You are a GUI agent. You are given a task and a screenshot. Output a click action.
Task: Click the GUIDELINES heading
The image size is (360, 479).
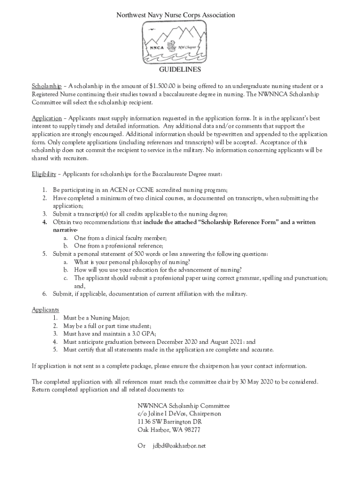[x=180, y=70]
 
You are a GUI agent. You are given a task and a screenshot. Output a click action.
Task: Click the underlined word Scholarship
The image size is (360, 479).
[x=46, y=87]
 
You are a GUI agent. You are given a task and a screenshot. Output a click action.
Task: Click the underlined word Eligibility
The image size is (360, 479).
[x=44, y=174]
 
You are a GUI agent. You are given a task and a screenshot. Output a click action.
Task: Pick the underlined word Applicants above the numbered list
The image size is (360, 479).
[x=45, y=310]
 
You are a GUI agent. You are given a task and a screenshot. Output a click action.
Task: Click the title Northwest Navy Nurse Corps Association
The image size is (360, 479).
[x=175, y=15]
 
